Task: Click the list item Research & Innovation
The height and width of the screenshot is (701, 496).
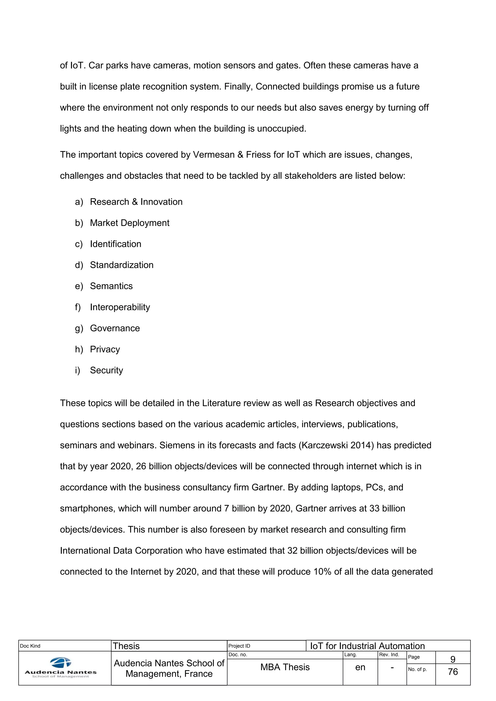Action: [x=136, y=202]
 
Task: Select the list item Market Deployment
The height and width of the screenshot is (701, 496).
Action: [x=130, y=223]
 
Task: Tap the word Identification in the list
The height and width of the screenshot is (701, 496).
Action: [x=116, y=244]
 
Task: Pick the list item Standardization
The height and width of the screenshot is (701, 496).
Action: [x=122, y=265]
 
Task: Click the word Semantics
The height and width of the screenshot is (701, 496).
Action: [x=111, y=286]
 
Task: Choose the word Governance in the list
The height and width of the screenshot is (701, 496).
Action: [x=115, y=328]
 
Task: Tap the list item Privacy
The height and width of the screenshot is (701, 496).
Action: [x=105, y=349]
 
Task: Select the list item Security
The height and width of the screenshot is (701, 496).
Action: [x=106, y=370]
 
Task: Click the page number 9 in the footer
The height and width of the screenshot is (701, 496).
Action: [x=453, y=659]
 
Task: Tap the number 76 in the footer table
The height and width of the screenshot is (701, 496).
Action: [x=453, y=672]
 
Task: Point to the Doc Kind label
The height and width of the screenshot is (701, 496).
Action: [x=30, y=646]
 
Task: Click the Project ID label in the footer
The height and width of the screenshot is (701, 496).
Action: [x=239, y=646]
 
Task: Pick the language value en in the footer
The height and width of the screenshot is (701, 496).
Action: [x=360, y=667]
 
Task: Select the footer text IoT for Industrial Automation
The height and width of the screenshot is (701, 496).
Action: [x=367, y=646]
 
